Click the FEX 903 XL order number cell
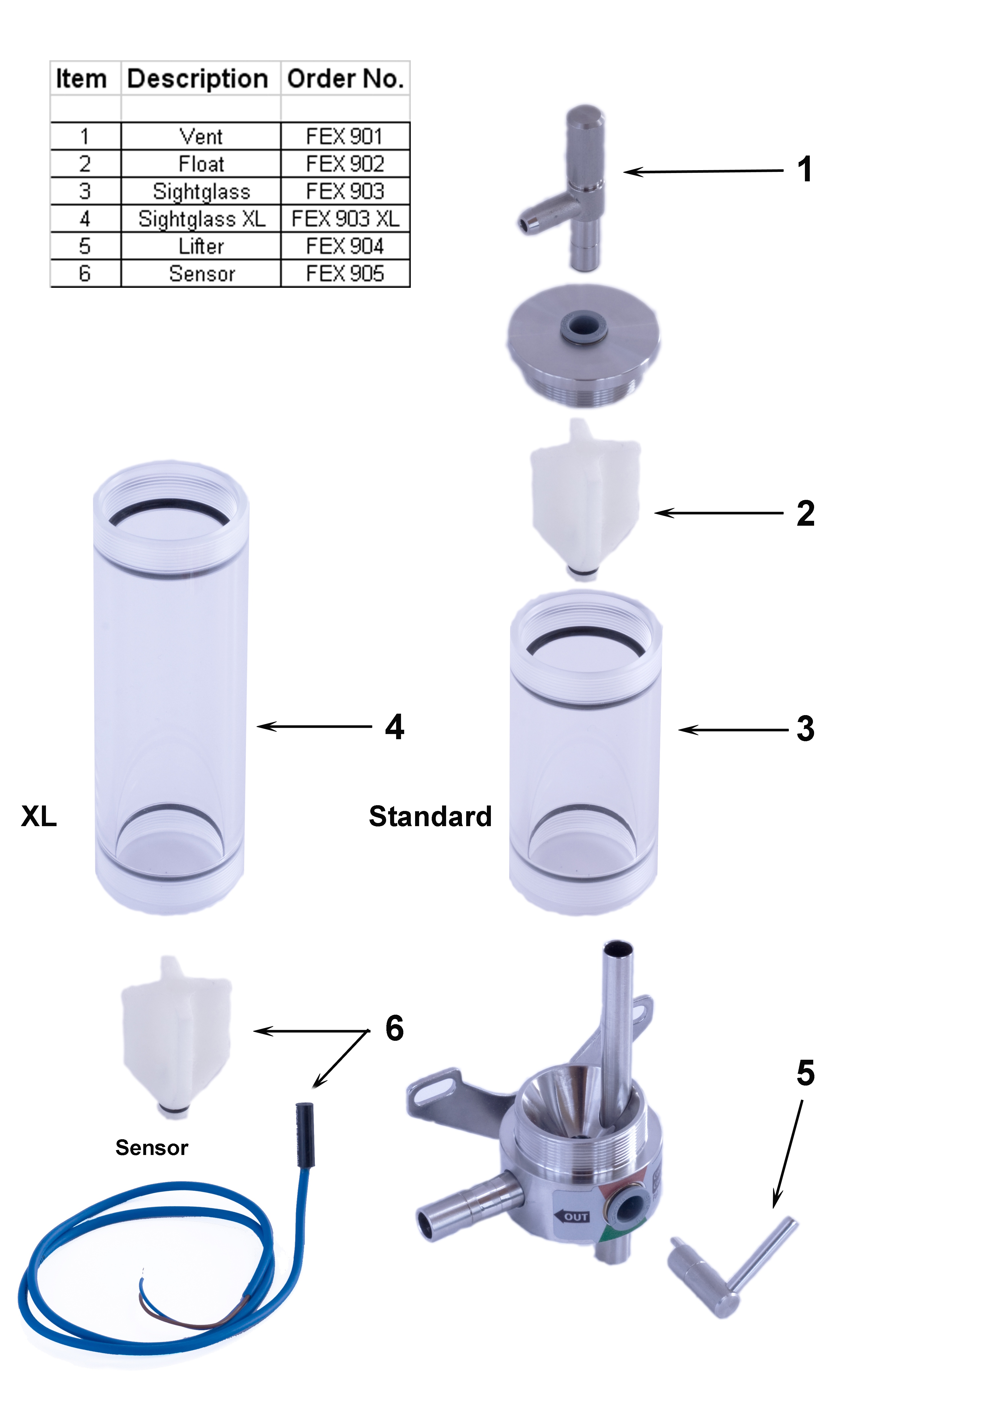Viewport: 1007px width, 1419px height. click(345, 219)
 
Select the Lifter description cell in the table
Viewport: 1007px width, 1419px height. click(201, 246)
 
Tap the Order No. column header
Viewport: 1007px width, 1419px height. click(345, 79)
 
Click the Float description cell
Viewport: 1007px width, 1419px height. click(201, 164)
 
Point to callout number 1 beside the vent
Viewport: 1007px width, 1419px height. click(805, 170)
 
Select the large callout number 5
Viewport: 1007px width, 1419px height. click(805, 1073)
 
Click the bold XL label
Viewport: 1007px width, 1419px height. click(38, 816)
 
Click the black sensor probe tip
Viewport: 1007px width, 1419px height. click(305, 1134)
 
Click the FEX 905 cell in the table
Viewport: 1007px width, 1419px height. click(345, 273)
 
